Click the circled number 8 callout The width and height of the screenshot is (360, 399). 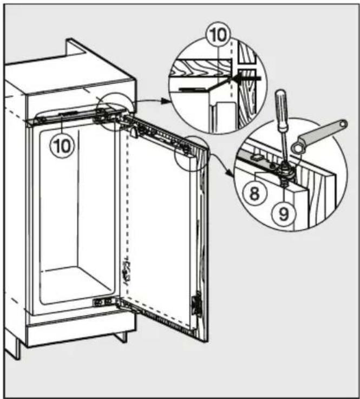(x=254, y=194)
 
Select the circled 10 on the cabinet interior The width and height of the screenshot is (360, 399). (x=62, y=145)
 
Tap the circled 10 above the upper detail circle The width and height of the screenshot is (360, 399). (x=218, y=35)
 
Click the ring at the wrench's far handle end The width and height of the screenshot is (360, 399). (x=343, y=124)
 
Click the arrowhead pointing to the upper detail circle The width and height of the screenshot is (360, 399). (x=166, y=101)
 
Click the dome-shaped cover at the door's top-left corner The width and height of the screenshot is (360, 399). (x=134, y=132)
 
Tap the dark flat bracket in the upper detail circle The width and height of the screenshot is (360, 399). (x=193, y=89)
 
